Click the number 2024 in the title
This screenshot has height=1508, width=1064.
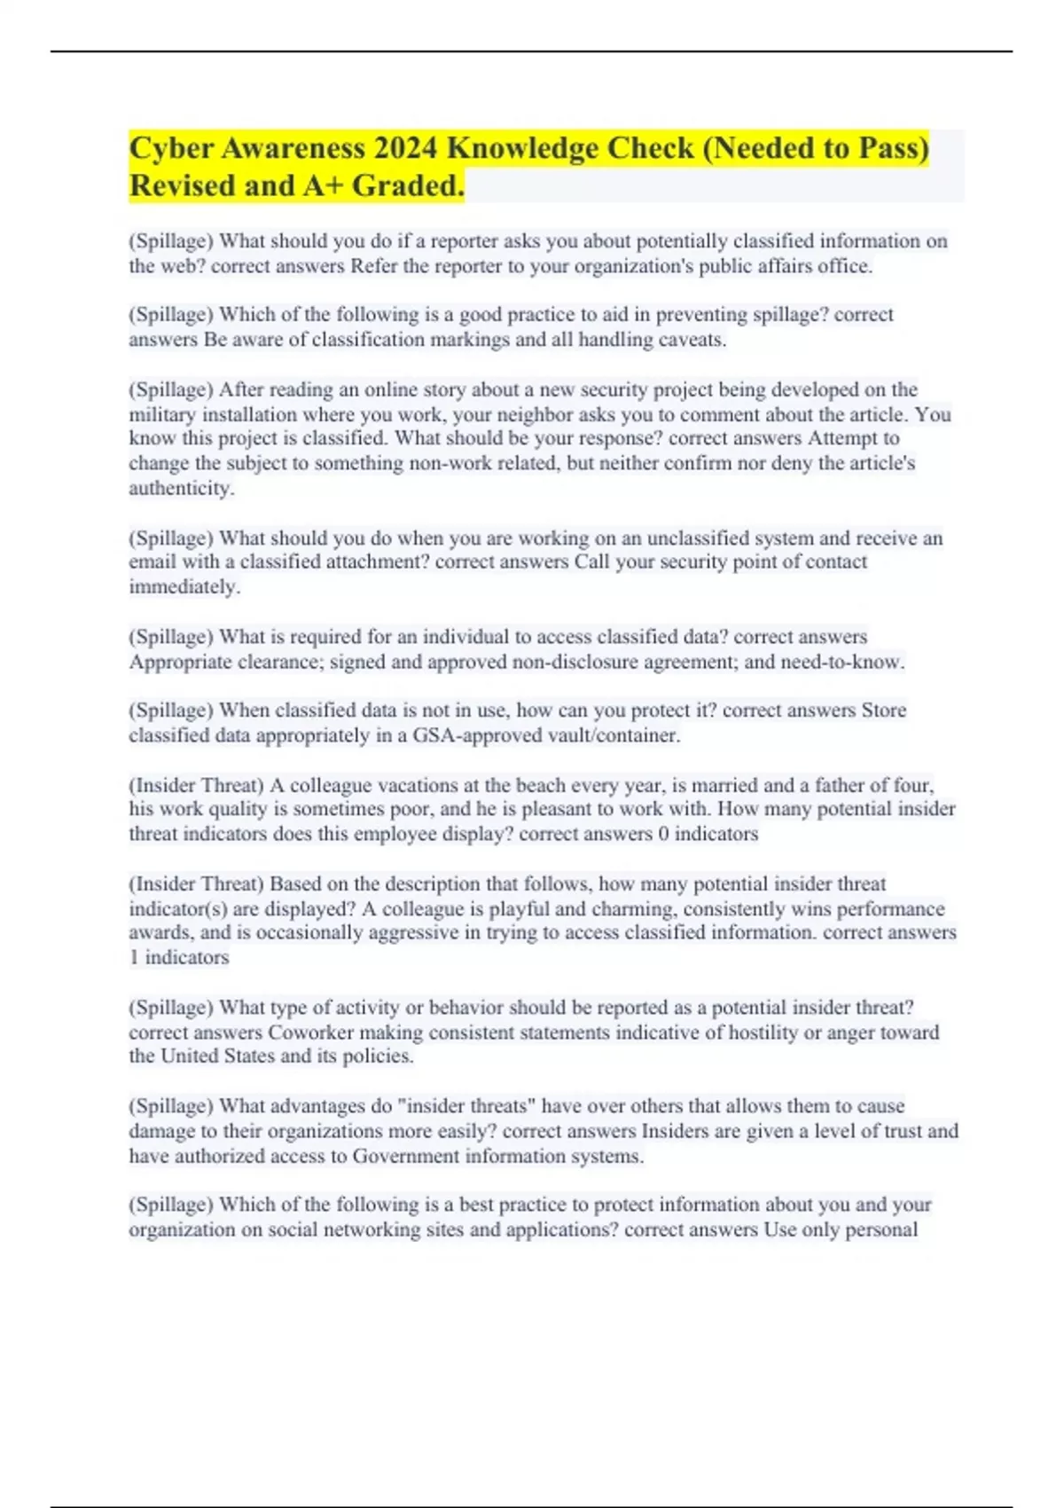click(x=404, y=148)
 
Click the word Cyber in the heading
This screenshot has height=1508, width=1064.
click(x=171, y=148)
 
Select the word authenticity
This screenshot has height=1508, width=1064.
click(x=181, y=488)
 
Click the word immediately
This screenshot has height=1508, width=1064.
click(x=184, y=586)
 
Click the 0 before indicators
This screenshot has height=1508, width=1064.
click(x=663, y=834)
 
